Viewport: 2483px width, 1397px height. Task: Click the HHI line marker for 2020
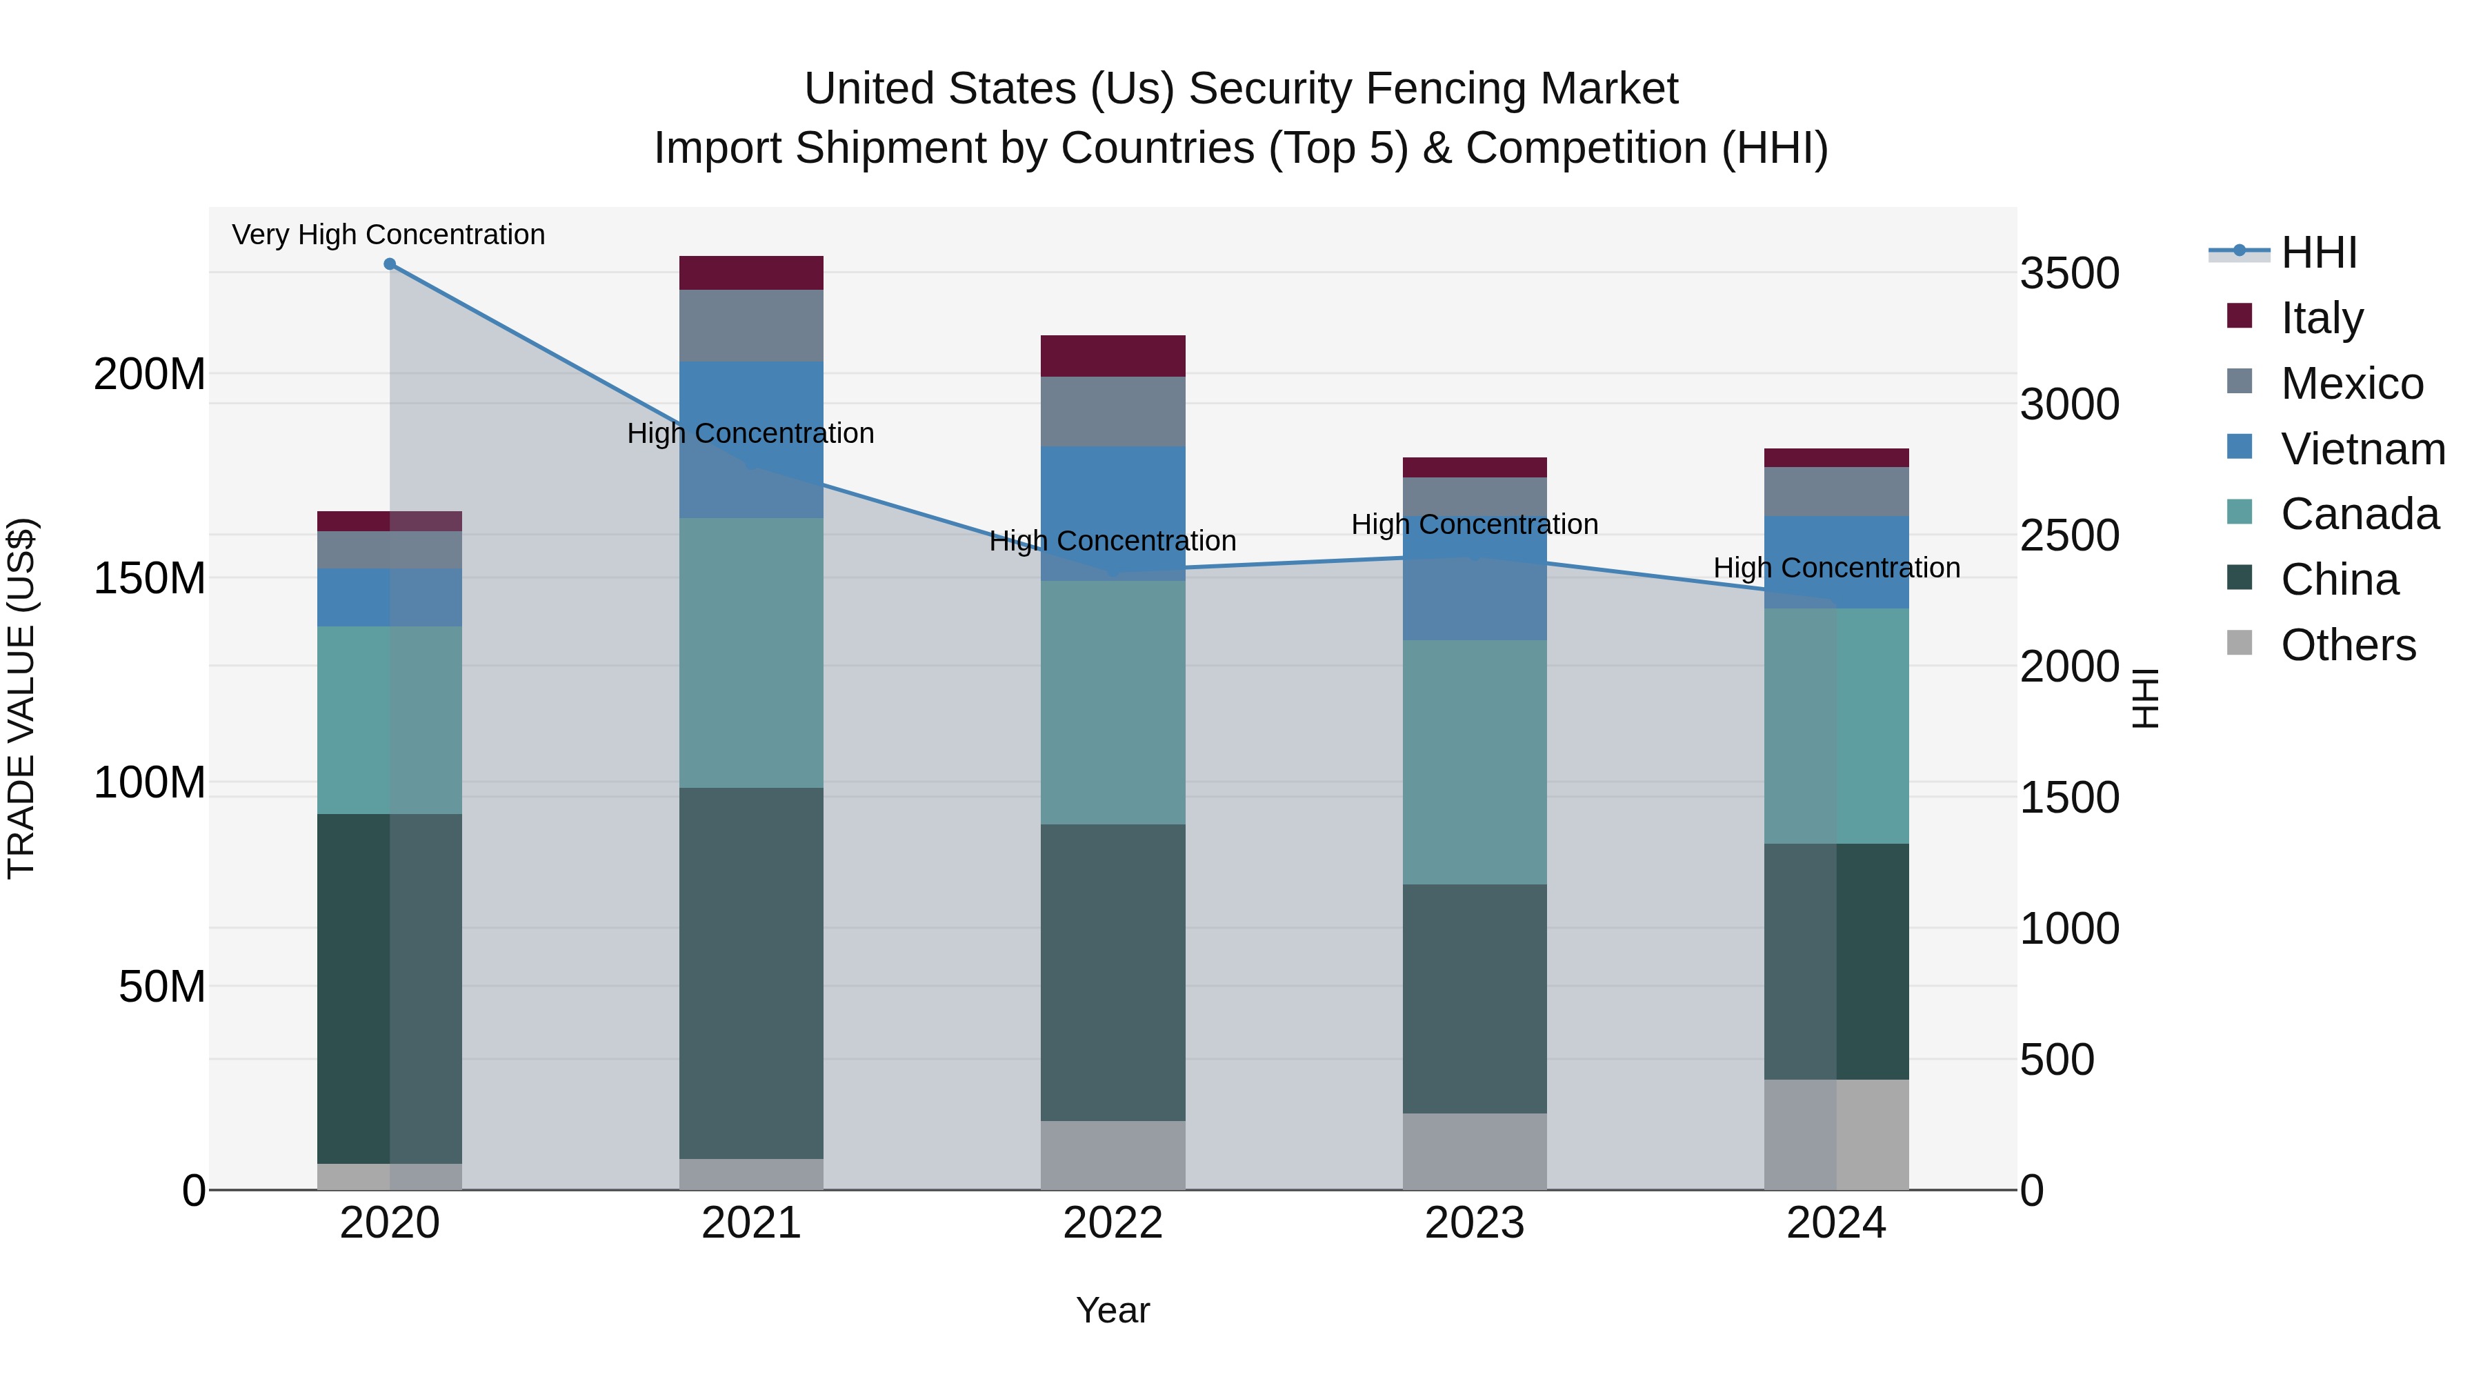point(390,264)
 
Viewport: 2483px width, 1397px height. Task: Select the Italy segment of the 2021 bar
point(751,273)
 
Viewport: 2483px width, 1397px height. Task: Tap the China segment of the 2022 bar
point(1113,972)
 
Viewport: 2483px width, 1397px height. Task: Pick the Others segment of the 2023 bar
point(1474,1151)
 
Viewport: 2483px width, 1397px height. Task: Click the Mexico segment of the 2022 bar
point(1113,412)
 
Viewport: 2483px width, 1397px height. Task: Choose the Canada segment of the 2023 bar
point(1474,762)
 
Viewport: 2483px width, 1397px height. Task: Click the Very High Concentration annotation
point(388,235)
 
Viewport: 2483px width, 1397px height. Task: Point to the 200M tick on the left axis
point(150,374)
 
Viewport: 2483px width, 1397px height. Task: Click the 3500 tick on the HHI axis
point(2068,274)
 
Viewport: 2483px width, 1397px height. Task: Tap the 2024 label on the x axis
point(1835,1223)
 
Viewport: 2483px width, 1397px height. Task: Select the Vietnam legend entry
point(2362,449)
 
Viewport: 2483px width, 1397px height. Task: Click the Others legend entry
point(2347,645)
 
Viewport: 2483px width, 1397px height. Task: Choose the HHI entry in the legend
point(2318,252)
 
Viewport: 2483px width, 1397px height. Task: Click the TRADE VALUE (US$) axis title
point(21,698)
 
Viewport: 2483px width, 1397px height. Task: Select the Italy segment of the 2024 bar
point(1835,458)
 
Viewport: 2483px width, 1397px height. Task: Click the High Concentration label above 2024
point(1835,568)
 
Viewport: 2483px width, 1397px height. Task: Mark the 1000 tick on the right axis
point(2068,929)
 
